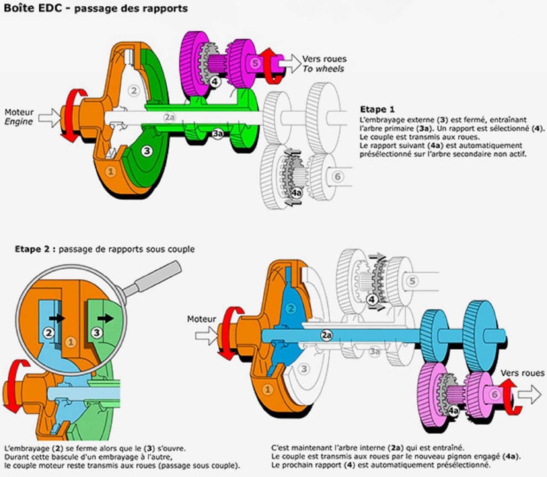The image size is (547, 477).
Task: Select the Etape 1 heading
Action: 377,109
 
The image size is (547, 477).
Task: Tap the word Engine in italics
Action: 19,122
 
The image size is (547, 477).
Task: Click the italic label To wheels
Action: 323,69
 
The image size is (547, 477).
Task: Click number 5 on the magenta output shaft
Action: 255,63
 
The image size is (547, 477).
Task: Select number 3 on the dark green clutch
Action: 147,150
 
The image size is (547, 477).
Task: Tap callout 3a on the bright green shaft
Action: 218,133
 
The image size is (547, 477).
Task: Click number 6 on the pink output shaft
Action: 494,394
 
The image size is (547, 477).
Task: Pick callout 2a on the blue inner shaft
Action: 326,336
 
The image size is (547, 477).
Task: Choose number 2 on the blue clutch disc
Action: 291,309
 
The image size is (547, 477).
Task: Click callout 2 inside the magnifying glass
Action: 49,332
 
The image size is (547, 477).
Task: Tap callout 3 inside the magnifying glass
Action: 97,332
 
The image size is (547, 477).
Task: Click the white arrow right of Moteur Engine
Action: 50,118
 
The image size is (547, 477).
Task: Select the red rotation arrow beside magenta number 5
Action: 268,64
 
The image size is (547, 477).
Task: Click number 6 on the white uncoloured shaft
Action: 338,176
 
